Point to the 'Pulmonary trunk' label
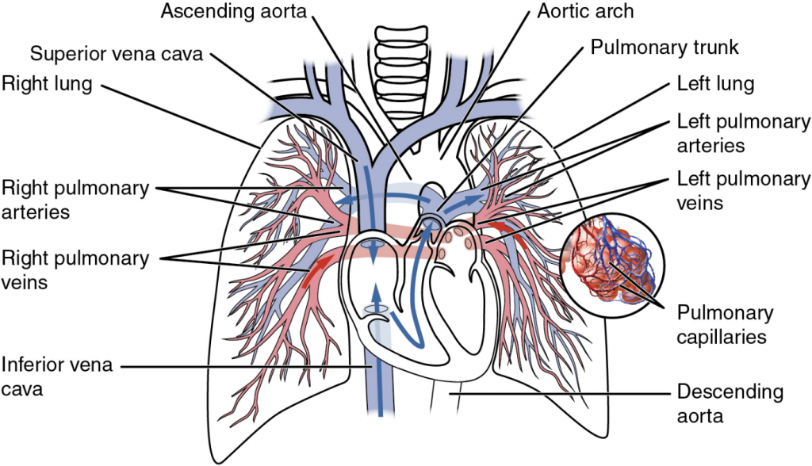[665, 48]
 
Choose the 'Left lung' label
[714, 84]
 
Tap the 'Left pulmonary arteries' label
[743, 133]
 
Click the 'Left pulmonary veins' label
[743, 190]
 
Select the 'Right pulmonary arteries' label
[75, 200]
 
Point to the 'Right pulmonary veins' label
[75, 269]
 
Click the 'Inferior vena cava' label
[57, 376]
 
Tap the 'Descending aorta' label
[730, 403]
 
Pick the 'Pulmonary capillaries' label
[725, 325]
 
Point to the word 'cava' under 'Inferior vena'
[23, 388]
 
